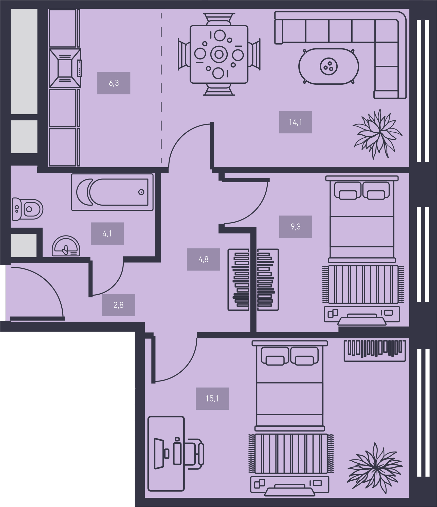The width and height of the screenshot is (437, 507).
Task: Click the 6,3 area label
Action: tap(114, 83)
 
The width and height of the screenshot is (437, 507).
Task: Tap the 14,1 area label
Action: tap(296, 122)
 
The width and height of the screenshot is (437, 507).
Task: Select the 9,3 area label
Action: tap(296, 227)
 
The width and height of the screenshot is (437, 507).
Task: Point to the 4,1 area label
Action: tap(107, 233)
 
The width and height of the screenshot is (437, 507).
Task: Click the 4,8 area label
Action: tap(203, 259)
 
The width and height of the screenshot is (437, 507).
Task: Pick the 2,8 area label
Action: tap(118, 305)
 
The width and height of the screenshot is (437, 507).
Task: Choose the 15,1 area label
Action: tap(212, 399)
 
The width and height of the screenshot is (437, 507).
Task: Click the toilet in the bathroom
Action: tap(27, 209)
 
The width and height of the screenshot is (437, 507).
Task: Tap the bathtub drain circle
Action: tap(141, 192)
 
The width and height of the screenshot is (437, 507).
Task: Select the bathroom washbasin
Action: tap(66, 246)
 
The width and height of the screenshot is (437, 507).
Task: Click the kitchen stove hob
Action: tap(65, 68)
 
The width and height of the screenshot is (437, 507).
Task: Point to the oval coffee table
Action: tap(329, 66)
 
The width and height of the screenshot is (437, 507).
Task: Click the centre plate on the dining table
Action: tap(219, 54)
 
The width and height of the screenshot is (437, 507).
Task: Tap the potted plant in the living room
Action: tap(377, 134)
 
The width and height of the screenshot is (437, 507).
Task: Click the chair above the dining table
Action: tap(219, 19)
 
